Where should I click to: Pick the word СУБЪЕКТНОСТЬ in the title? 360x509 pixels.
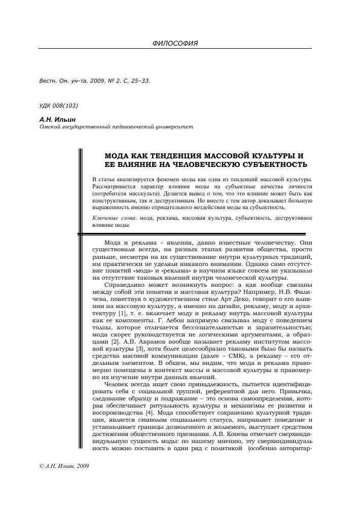point(272,164)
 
